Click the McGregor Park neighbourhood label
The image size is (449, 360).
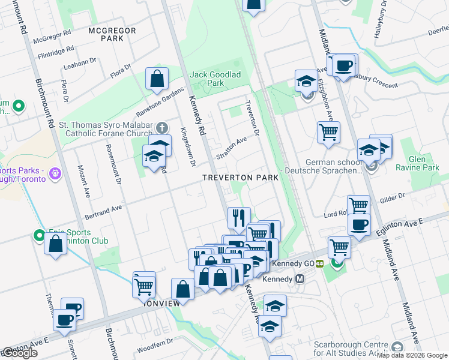tap(105, 34)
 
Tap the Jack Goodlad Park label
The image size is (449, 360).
tap(215, 80)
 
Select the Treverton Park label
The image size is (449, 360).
tap(240, 178)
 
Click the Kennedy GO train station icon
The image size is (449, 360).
tap(320, 263)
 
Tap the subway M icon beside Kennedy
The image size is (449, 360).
tap(301, 279)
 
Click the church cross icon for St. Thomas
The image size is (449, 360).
tap(161, 128)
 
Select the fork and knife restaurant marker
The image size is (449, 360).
tap(239, 217)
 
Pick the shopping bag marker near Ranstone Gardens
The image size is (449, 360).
tap(157, 79)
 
